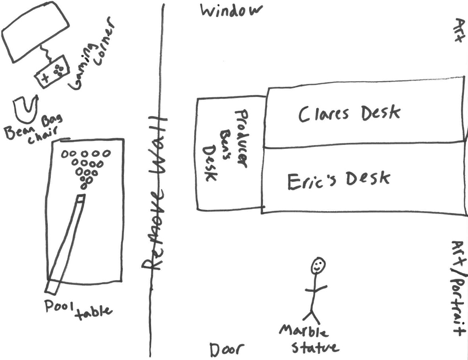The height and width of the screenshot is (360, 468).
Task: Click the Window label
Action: pos(231,11)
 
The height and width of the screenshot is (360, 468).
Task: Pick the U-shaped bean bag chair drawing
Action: pos(25,109)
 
